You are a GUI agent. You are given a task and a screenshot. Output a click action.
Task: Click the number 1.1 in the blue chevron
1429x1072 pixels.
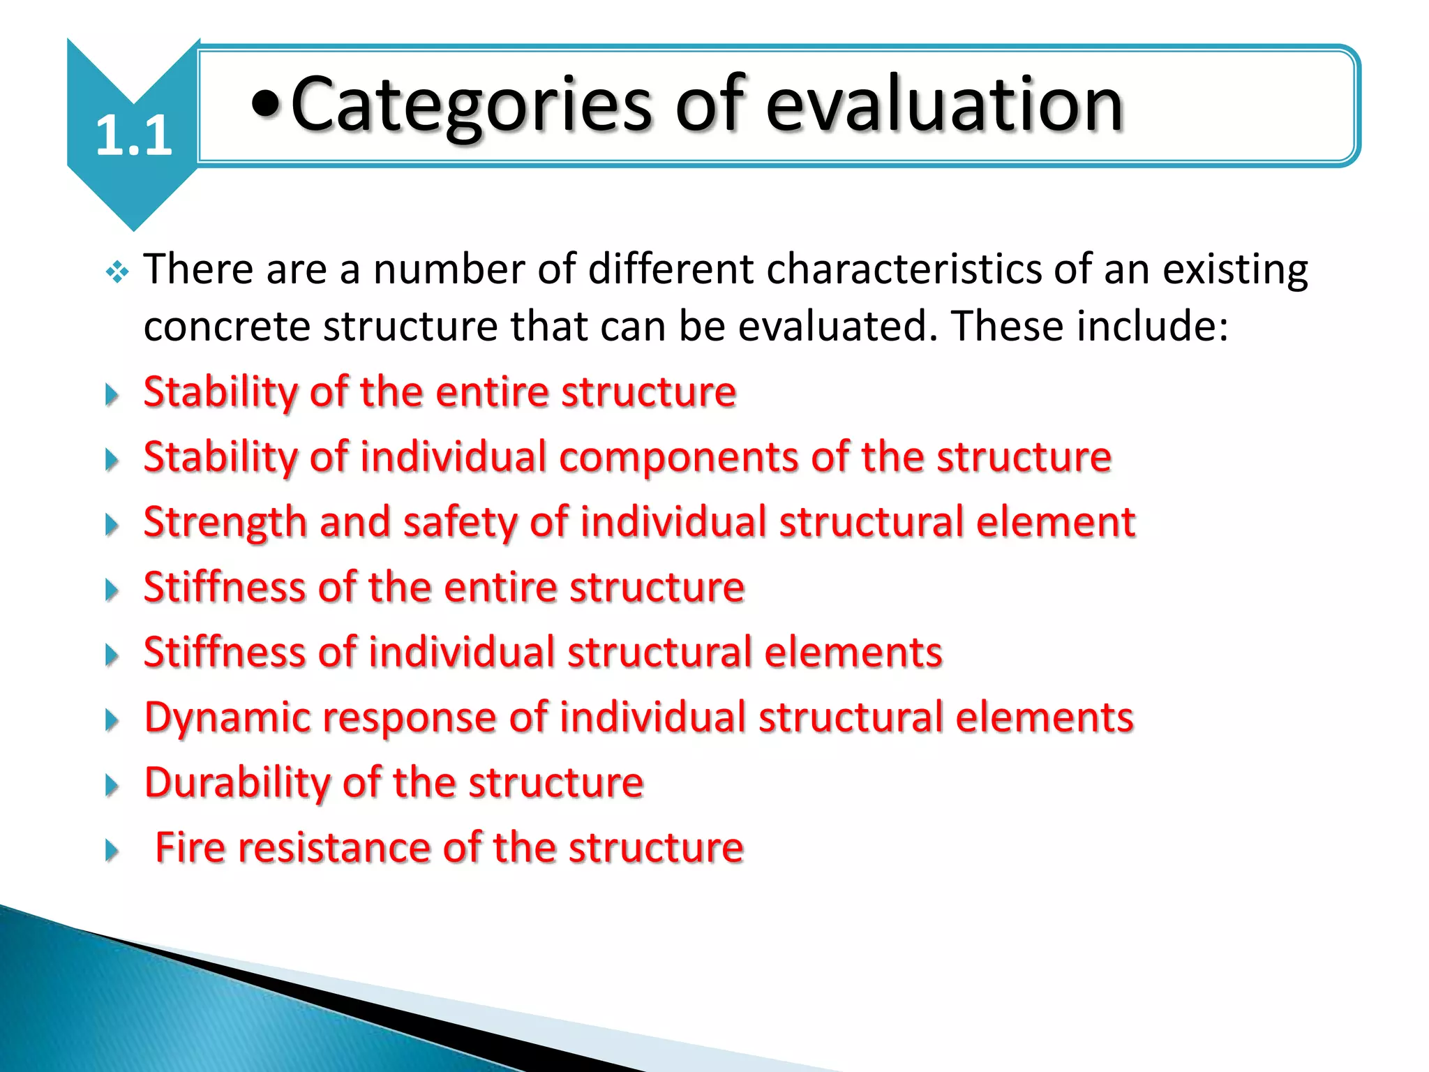click(133, 135)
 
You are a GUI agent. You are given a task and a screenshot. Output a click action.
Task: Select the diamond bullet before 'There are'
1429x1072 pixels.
click(117, 272)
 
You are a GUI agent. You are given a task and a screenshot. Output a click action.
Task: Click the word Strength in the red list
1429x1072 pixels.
click(225, 523)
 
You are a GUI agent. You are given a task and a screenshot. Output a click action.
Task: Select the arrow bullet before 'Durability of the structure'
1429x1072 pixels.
click(112, 786)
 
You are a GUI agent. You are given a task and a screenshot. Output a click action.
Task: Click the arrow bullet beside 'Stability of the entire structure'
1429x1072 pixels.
click(112, 395)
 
